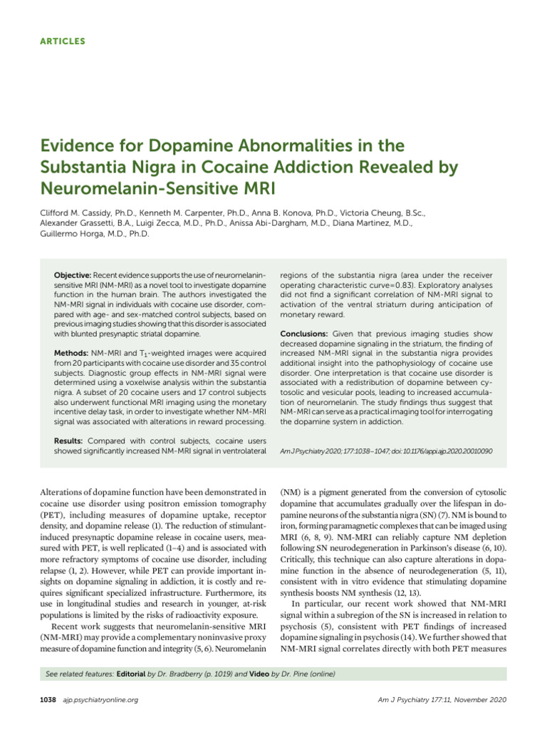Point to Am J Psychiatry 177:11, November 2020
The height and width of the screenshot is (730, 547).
pyautogui.click(x=442, y=699)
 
